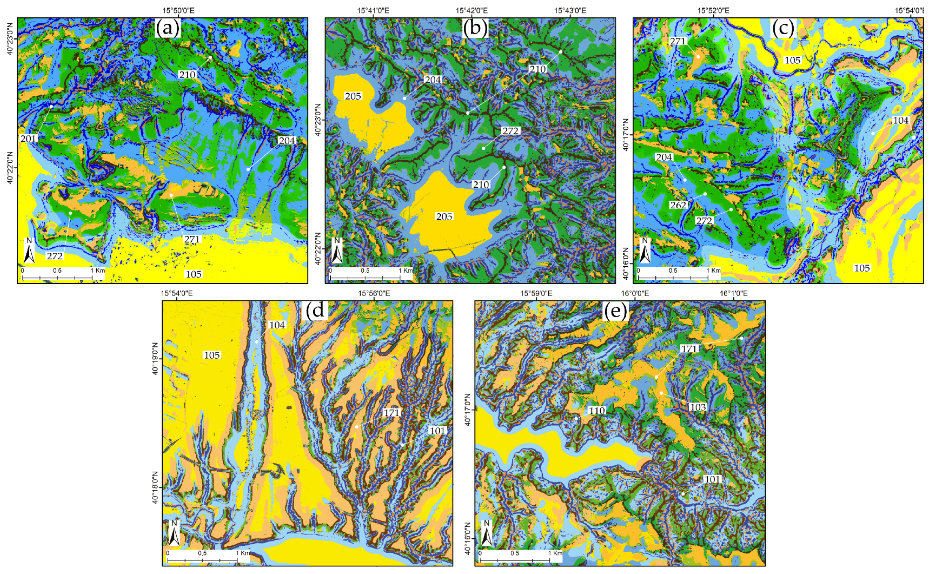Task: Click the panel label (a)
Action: click(167, 29)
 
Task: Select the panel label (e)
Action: click(615, 311)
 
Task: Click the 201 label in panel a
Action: click(29, 139)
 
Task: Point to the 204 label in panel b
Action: click(432, 80)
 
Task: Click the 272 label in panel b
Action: click(510, 131)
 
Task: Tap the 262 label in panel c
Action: click(678, 205)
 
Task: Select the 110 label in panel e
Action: click(596, 411)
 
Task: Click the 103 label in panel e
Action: click(698, 407)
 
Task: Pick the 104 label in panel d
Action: click(277, 325)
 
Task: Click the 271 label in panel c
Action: click(677, 41)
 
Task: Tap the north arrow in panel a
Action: click(29, 251)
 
